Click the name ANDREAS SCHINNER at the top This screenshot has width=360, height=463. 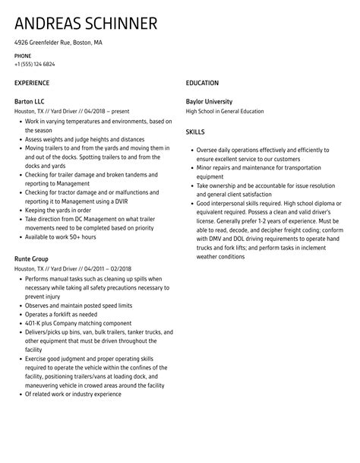click(x=86, y=23)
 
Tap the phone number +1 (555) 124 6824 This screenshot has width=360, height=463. click(x=37, y=63)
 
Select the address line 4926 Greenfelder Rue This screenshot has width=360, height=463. click(x=58, y=43)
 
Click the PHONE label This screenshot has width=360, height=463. click(x=23, y=55)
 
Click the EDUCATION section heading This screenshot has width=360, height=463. click(x=202, y=82)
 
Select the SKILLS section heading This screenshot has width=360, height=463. click(x=196, y=131)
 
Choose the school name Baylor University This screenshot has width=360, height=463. click(x=210, y=101)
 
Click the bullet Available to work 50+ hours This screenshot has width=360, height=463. click(x=61, y=237)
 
